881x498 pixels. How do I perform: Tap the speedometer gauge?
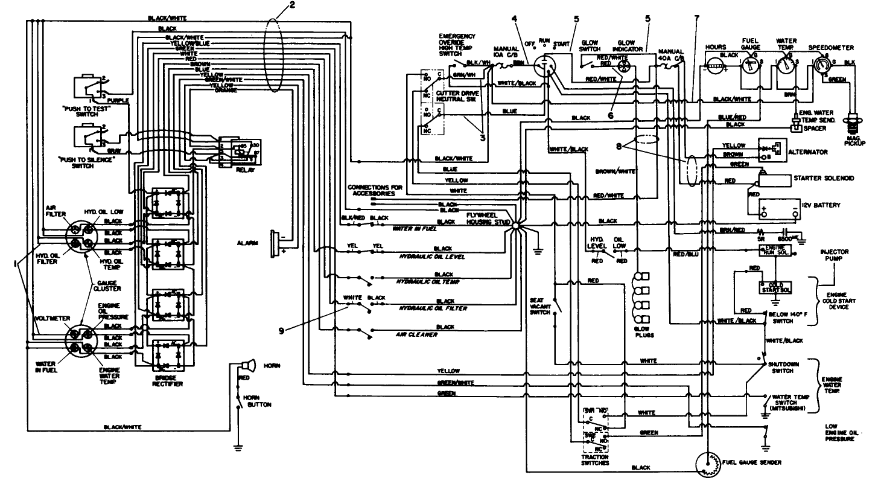[822, 63]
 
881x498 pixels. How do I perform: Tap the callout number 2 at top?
[292, 5]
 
